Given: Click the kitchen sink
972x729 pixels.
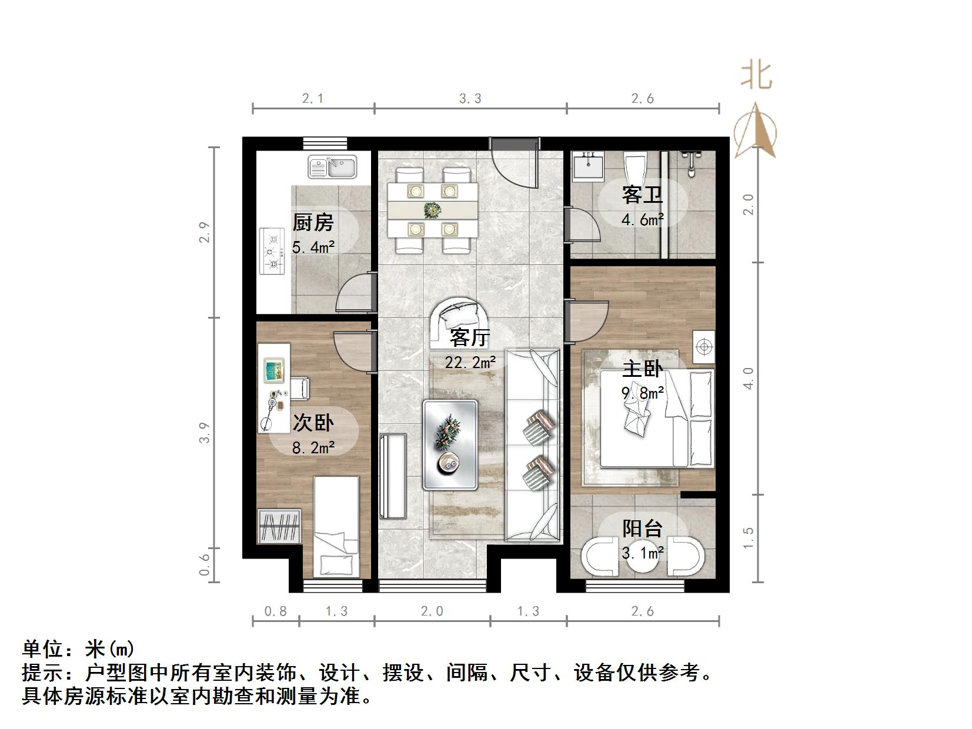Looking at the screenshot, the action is [332, 167].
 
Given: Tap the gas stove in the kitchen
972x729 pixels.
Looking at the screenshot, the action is [272, 251].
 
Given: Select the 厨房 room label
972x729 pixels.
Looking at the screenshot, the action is [313, 222].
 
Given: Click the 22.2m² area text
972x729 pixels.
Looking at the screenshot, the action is [470, 363].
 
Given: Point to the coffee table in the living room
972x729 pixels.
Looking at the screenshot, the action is [450, 445].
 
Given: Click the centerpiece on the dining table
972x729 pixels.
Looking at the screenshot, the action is [432, 210].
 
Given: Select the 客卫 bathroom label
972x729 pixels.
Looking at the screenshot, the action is [642, 195].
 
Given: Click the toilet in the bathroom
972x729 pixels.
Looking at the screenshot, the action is [636, 169].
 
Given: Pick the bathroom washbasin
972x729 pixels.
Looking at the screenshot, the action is [588, 166].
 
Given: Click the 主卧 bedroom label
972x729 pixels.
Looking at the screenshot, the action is [643, 369].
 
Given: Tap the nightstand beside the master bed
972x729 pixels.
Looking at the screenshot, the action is [704, 347].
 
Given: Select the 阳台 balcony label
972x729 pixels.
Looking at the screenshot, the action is [643, 528].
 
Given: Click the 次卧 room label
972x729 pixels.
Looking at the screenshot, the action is [313, 423].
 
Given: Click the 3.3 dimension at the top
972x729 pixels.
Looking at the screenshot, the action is [470, 98].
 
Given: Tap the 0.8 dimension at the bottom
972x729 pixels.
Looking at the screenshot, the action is [275, 611].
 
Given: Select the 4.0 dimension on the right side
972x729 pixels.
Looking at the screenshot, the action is [747, 378].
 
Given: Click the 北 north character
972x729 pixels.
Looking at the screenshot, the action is [757, 76].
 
